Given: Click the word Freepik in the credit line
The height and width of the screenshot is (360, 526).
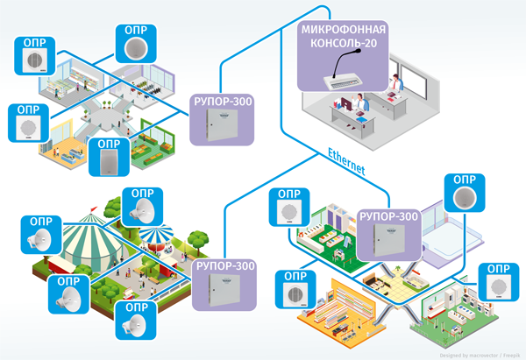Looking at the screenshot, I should pos(511,354).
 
